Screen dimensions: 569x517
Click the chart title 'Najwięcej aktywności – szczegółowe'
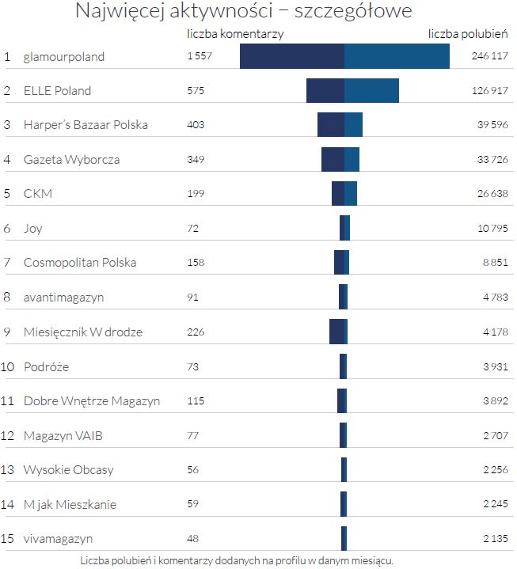click(x=244, y=12)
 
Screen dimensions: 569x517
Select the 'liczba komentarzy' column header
click(x=235, y=34)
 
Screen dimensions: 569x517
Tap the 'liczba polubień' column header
click(x=468, y=34)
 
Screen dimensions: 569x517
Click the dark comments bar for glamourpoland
click(x=291, y=56)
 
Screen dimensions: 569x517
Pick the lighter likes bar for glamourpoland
click(x=397, y=56)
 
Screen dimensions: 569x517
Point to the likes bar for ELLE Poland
click(x=371, y=90)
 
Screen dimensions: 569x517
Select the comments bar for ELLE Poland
click(x=325, y=90)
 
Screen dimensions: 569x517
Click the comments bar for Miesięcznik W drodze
click(x=336, y=332)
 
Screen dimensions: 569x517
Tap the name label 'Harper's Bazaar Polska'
click(x=86, y=125)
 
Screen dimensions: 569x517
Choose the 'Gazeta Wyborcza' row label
click(x=72, y=159)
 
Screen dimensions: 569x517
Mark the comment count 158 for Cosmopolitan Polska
click(x=196, y=263)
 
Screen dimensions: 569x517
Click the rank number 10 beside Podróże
click(x=8, y=366)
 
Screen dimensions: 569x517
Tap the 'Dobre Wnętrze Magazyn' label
click(x=92, y=401)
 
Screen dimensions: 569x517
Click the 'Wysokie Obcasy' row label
click(x=69, y=470)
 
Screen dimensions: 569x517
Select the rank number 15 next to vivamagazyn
click(x=8, y=539)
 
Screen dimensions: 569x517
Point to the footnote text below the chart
click(x=237, y=560)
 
